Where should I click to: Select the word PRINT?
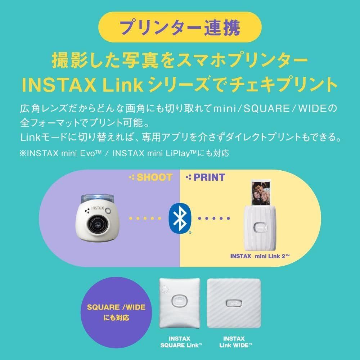[209, 177]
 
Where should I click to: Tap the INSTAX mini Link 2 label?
[260, 256]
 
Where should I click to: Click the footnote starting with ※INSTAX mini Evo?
[124, 153]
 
